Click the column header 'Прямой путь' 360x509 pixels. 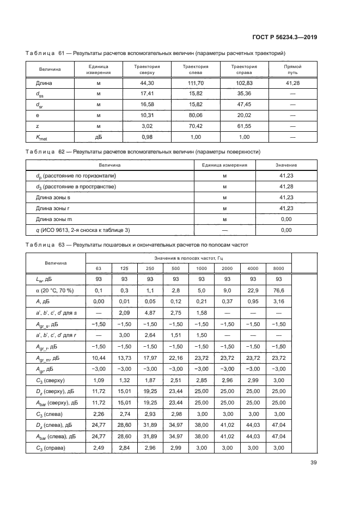coord(292,69)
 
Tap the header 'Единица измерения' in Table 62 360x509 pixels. coord(224,165)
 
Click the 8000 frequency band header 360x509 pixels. coord(278,268)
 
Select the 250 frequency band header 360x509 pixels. coord(150,268)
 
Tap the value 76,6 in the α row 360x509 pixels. coord(278,290)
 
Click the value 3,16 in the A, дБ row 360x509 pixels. coord(278,301)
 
